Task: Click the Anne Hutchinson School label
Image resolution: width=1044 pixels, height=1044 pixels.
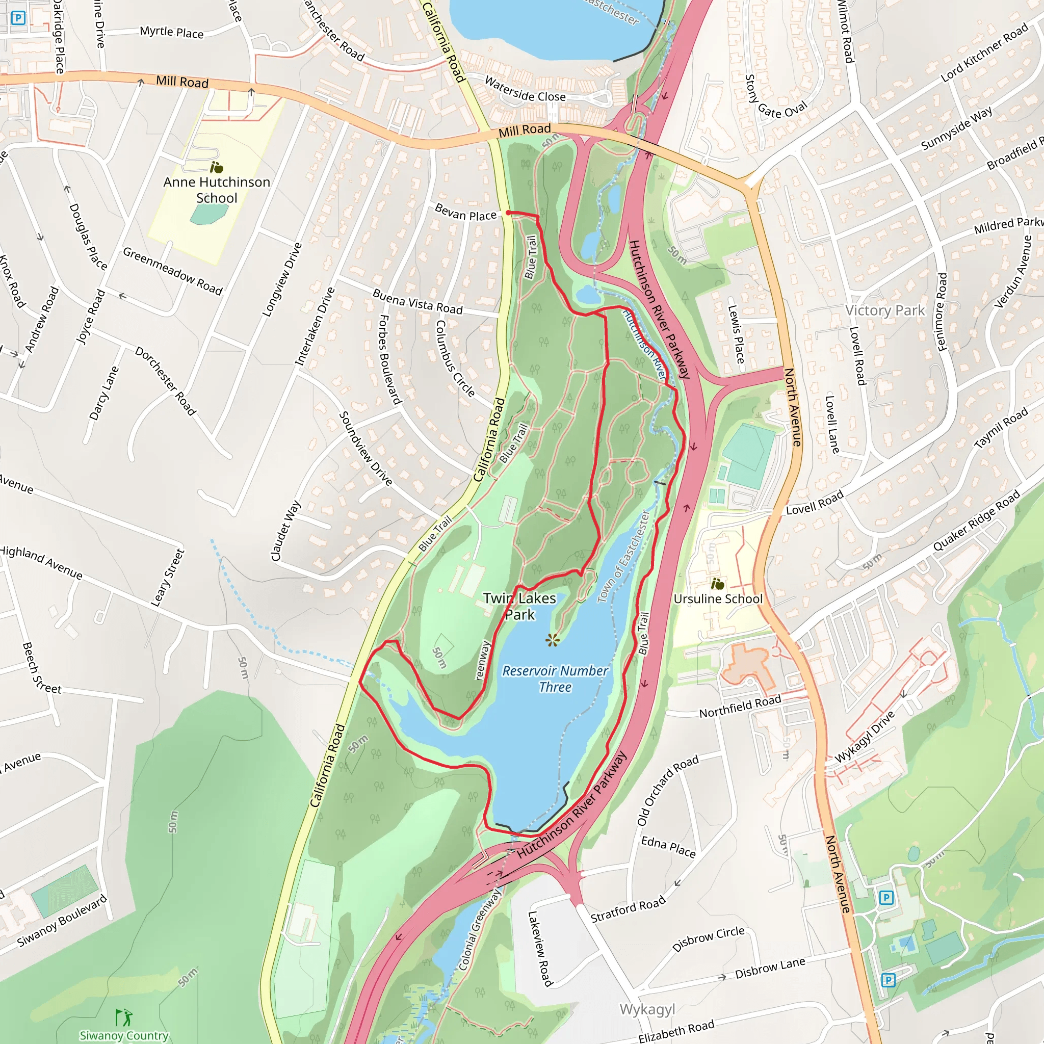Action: pyautogui.click(x=217, y=190)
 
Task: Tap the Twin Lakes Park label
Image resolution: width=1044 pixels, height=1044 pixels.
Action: pyautogui.click(x=519, y=606)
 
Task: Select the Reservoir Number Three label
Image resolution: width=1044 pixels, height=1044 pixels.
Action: pyautogui.click(x=555, y=678)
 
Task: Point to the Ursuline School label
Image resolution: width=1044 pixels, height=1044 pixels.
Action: pyautogui.click(x=718, y=599)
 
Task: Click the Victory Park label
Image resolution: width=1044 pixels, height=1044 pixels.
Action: pyautogui.click(x=884, y=310)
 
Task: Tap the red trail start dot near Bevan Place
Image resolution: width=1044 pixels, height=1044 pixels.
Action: pyautogui.click(x=508, y=213)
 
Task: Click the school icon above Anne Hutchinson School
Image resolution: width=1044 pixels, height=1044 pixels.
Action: pyautogui.click(x=216, y=167)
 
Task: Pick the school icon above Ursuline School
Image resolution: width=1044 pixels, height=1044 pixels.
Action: pyautogui.click(x=717, y=584)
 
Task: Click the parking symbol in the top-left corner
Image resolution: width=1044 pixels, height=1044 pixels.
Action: pyautogui.click(x=18, y=18)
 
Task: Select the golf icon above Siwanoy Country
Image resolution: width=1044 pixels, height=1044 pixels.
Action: pyautogui.click(x=124, y=1017)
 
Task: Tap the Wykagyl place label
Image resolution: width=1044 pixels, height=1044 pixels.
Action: pyautogui.click(x=647, y=1009)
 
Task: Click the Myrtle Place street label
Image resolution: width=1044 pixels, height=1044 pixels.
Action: pyautogui.click(x=172, y=32)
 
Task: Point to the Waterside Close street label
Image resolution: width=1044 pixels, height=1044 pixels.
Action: pyautogui.click(x=525, y=90)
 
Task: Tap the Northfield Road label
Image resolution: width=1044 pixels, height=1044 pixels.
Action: pyautogui.click(x=740, y=706)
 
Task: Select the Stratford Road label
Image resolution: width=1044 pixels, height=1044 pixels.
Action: pyautogui.click(x=628, y=909)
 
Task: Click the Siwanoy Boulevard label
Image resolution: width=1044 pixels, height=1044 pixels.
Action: pyautogui.click(x=62, y=921)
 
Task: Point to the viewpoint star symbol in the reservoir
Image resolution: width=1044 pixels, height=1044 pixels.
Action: pyautogui.click(x=552, y=640)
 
